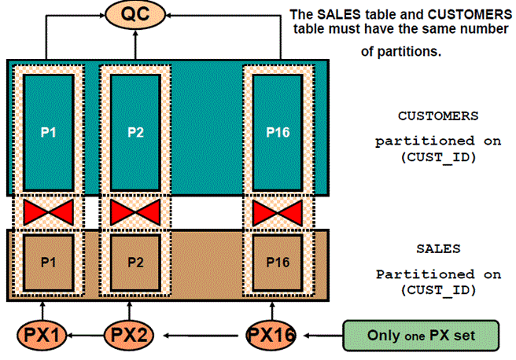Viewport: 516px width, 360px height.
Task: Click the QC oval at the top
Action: (x=137, y=16)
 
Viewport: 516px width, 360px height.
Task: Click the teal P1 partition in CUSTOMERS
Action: (x=49, y=131)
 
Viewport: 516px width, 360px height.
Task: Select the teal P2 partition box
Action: (x=135, y=131)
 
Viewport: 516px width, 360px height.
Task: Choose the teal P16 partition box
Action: (x=277, y=131)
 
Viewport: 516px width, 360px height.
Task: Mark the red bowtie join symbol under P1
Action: (x=49, y=211)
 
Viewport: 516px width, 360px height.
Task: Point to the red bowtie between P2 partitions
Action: (x=135, y=211)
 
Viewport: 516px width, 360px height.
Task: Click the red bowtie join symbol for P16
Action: (x=277, y=211)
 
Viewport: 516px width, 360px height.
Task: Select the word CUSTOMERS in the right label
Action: (x=437, y=115)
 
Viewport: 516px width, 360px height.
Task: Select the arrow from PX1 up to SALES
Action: (x=43, y=310)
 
